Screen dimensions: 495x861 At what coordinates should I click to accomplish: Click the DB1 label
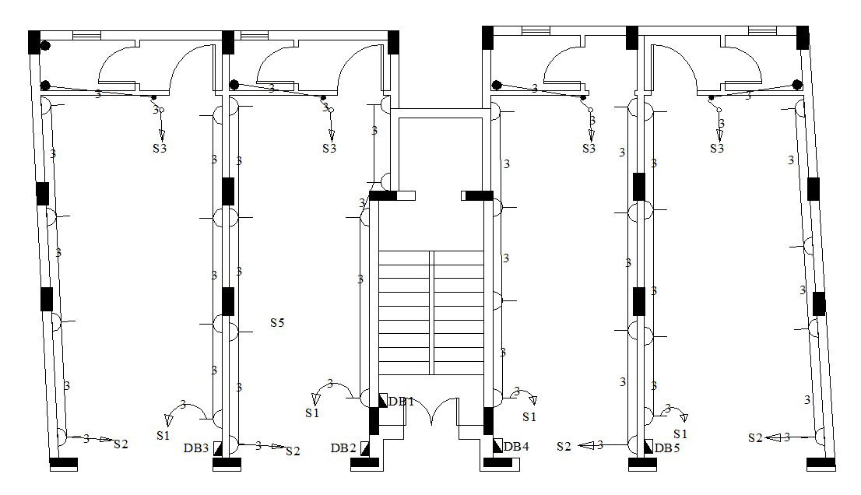(x=402, y=402)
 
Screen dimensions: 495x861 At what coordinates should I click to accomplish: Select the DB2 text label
(x=343, y=448)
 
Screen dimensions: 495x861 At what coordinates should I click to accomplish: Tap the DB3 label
(x=196, y=448)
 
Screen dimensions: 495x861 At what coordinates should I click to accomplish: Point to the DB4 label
(x=517, y=447)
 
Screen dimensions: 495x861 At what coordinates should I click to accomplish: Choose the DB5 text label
(x=667, y=448)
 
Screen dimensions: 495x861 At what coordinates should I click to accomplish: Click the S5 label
(x=277, y=321)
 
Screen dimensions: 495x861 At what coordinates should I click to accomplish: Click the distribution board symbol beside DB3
(x=217, y=448)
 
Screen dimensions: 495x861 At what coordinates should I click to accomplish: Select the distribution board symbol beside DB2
(x=364, y=448)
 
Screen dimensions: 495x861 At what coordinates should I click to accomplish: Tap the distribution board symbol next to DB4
(x=497, y=446)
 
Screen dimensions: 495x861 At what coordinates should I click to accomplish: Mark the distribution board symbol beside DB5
(x=648, y=447)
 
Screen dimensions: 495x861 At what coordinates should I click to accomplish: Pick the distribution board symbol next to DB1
(x=382, y=400)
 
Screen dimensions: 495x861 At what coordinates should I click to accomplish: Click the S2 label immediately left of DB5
(x=564, y=446)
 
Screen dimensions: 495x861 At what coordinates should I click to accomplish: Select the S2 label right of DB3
(x=293, y=451)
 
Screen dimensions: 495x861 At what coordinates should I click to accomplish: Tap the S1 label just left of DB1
(x=312, y=413)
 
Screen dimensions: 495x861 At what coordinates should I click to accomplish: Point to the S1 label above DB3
(x=163, y=436)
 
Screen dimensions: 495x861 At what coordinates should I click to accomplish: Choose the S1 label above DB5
(x=680, y=434)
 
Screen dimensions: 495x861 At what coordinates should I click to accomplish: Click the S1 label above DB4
(x=529, y=417)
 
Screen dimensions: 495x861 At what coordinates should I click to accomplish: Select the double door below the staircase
(x=431, y=412)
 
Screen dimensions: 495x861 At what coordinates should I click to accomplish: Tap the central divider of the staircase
(x=431, y=311)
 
